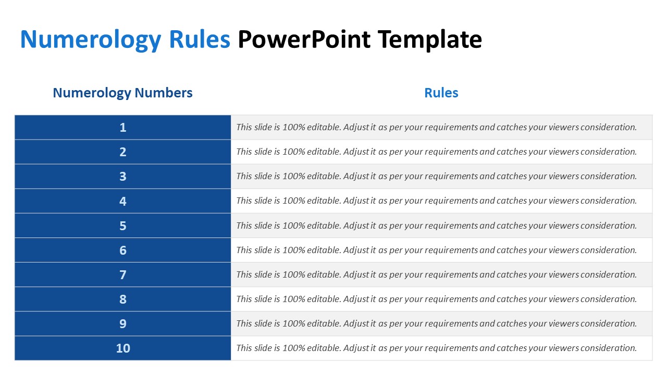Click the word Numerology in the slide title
(x=91, y=40)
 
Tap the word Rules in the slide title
(x=200, y=39)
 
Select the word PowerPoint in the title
(x=304, y=39)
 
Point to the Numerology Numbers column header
(x=122, y=93)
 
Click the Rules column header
(x=441, y=93)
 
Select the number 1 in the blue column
(x=123, y=128)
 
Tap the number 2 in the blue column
(x=123, y=152)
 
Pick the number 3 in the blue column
(x=123, y=176)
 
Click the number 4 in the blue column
(x=123, y=201)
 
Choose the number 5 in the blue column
(x=123, y=226)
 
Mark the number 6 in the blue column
(x=123, y=251)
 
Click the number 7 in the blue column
(x=123, y=274)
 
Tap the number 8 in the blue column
(x=123, y=299)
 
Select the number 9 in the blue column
(x=123, y=323)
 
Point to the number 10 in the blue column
(x=123, y=348)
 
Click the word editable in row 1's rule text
(x=324, y=127)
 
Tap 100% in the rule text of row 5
(x=294, y=226)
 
